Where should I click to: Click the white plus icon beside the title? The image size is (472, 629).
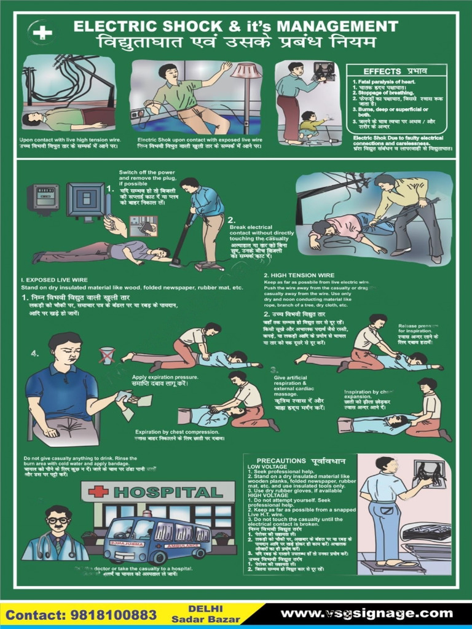point(42,33)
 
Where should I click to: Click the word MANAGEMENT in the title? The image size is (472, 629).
point(337,26)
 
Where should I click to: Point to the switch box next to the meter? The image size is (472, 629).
point(85,199)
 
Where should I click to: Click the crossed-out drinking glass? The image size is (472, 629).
point(108,356)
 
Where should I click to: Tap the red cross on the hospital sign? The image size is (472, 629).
point(98,492)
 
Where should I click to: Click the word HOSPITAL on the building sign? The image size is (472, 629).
point(167,493)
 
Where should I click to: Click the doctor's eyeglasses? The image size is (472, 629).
point(58,521)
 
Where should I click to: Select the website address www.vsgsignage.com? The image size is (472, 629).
point(366,613)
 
